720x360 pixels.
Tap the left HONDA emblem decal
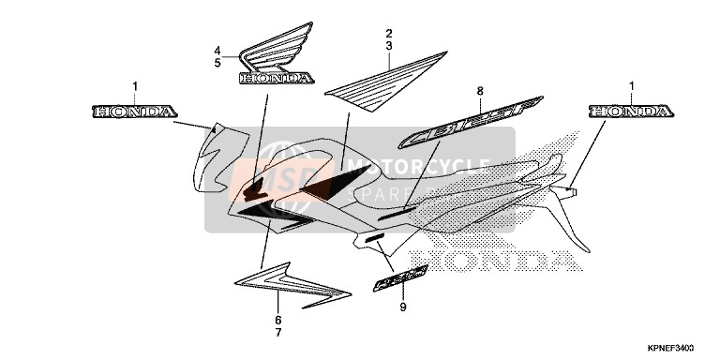[x=134, y=112]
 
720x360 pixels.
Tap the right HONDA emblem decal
[x=631, y=112]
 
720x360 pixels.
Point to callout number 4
[x=217, y=50]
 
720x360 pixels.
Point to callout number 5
[x=217, y=63]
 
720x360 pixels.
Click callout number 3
[x=387, y=45]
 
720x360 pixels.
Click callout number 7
[x=277, y=332]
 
